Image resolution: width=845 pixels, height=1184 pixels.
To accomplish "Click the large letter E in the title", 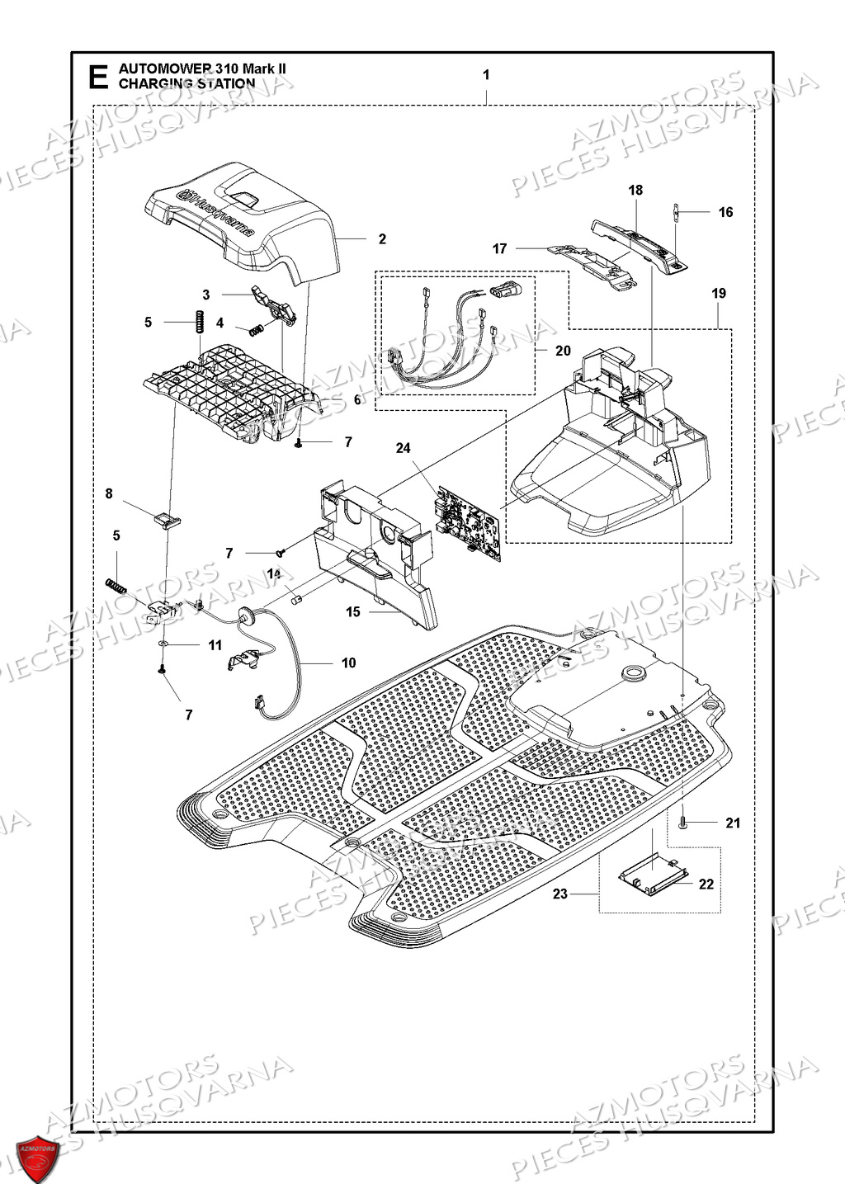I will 97,77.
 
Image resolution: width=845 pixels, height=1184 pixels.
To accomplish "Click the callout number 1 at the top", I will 486,75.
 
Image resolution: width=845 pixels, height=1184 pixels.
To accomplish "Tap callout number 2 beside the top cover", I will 382,239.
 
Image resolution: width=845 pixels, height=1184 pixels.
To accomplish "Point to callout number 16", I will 725,212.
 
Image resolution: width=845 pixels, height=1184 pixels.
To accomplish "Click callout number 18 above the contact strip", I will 635,191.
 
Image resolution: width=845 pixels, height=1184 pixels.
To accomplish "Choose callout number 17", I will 500,248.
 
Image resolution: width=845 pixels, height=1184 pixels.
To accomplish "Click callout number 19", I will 718,293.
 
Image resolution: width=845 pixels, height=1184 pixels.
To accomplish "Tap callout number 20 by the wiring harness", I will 563,351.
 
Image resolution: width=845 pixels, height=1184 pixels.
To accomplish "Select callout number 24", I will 403,448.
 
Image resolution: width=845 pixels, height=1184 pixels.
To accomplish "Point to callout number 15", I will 353,611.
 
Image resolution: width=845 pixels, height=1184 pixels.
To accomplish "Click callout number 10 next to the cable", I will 348,663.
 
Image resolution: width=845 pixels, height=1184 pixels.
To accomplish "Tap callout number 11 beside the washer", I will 215,644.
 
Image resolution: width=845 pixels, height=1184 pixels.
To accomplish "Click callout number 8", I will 109,493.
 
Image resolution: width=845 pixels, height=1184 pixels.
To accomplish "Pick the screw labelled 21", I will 682,821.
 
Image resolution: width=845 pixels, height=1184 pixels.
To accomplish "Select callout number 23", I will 560,894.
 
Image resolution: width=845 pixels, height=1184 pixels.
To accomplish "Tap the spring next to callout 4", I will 257,329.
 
